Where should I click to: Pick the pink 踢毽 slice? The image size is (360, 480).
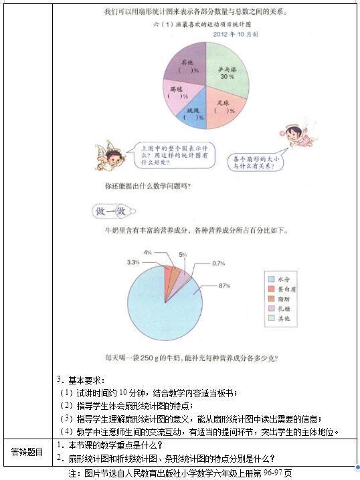pyautogui.click(x=176, y=94)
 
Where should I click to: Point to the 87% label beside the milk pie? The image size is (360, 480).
pyautogui.click(x=224, y=285)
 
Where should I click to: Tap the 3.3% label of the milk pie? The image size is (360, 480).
pyautogui.click(x=132, y=261)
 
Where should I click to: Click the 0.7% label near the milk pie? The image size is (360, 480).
pyautogui.click(x=218, y=263)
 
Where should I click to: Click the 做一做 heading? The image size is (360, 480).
pyautogui.click(x=111, y=212)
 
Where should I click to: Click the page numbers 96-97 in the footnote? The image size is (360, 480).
pyautogui.click(x=272, y=473)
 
